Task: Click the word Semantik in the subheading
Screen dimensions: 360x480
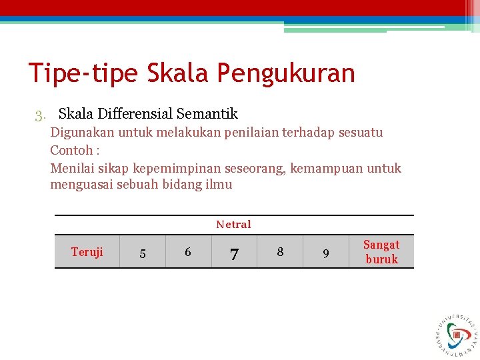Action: [x=207, y=114]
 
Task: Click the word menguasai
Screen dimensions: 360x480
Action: [x=81, y=185]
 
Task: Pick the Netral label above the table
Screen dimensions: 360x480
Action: [x=233, y=225]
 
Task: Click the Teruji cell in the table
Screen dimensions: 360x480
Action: [x=87, y=252]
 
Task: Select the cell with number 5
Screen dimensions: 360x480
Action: [x=142, y=253]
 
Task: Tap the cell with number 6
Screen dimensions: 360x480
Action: [x=188, y=252]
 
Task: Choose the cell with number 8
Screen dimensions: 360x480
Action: [x=280, y=252]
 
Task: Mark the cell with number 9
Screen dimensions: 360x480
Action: [x=325, y=253]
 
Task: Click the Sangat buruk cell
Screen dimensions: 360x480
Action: [x=381, y=252]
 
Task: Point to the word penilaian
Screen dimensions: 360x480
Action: [x=231, y=133]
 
